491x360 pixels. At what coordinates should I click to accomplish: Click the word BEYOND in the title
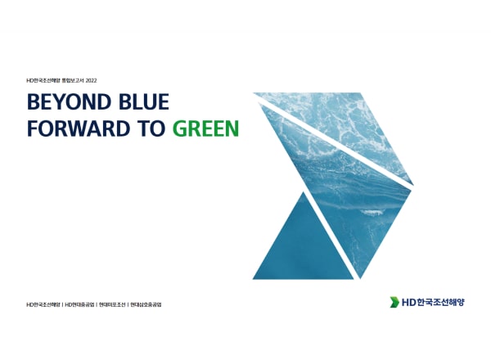pyautogui.click(x=70, y=101)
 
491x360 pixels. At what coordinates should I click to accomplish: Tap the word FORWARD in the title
pyautogui.click(x=79, y=128)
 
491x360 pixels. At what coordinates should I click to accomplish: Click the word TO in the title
pyautogui.click(x=151, y=128)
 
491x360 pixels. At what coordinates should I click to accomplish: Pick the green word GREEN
pyautogui.click(x=206, y=128)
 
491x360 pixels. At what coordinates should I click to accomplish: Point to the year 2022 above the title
pyautogui.click(x=91, y=80)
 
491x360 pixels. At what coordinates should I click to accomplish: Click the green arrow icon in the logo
pyautogui.click(x=394, y=302)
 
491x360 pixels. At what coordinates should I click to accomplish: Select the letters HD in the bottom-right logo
pyautogui.click(x=408, y=303)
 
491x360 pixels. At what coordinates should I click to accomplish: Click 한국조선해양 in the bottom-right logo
pyautogui.click(x=441, y=303)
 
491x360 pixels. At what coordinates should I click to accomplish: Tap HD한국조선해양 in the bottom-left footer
pyautogui.click(x=43, y=304)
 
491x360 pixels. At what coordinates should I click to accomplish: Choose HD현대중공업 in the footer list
pyautogui.click(x=79, y=304)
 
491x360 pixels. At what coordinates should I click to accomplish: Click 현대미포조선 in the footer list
pyautogui.click(x=112, y=304)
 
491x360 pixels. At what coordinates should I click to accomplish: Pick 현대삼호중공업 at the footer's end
pyautogui.click(x=146, y=304)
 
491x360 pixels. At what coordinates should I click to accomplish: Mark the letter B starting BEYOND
pyautogui.click(x=34, y=101)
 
